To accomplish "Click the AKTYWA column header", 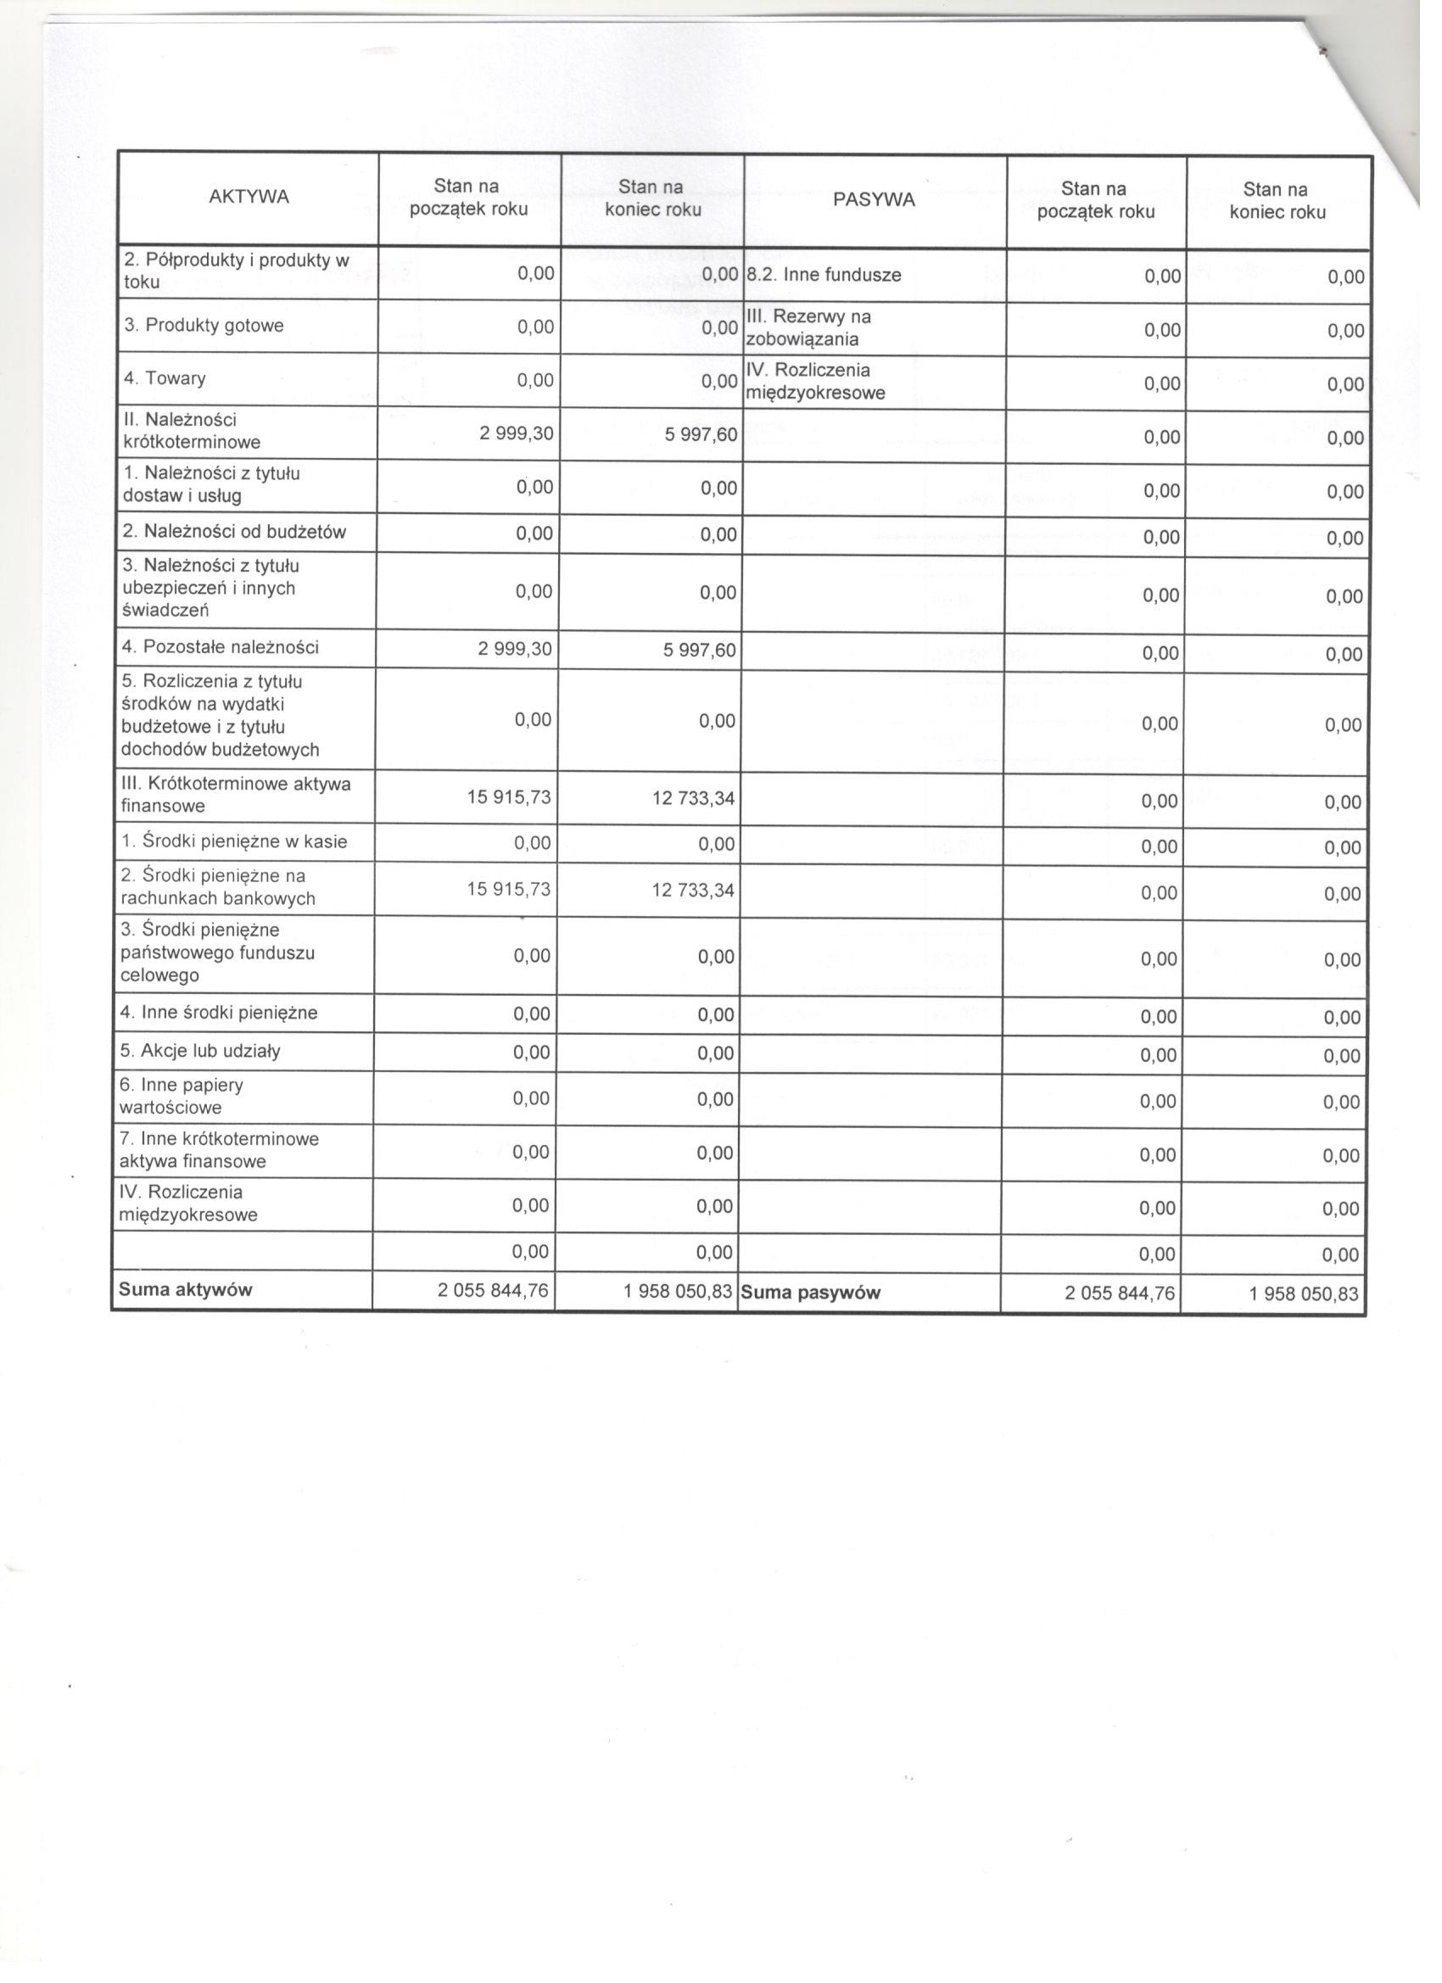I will (x=249, y=197).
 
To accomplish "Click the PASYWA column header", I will (x=874, y=199).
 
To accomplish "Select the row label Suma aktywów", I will (x=186, y=1288).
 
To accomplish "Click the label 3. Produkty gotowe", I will (x=204, y=325).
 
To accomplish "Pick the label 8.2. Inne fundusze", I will (x=823, y=275).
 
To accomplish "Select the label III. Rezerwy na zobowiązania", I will (x=808, y=328).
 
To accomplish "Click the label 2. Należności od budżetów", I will (x=234, y=531).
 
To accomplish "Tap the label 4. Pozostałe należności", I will (x=221, y=647).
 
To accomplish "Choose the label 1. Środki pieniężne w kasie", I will (x=233, y=841).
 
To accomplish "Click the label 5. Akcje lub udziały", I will (x=200, y=1051).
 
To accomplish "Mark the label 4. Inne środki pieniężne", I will (x=219, y=1013).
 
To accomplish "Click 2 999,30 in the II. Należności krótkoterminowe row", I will (x=516, y=432).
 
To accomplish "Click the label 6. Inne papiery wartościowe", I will (x=181, y=1096).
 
